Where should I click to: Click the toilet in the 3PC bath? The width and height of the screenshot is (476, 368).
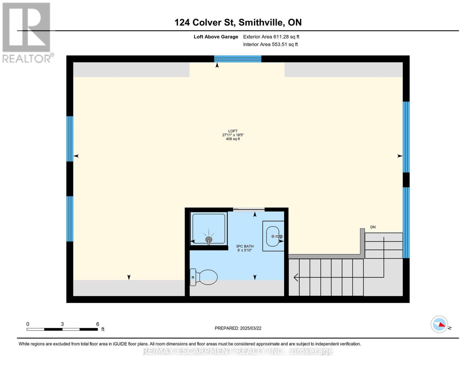205,277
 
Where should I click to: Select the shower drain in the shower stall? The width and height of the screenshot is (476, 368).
209,239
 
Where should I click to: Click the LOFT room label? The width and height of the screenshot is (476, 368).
233,131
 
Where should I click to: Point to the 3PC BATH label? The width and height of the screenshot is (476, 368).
245,246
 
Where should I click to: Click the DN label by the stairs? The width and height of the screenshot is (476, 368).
373,227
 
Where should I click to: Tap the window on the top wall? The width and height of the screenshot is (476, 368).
238,59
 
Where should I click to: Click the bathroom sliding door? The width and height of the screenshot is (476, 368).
249,209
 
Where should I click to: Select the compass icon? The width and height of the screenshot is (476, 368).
439,324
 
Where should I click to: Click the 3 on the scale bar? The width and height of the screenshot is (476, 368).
62,324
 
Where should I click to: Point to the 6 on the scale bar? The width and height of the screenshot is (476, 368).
98,324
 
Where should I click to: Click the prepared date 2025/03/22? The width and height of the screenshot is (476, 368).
251,328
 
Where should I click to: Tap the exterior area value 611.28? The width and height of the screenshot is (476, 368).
281,37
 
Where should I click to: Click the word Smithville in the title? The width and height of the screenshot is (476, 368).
261,22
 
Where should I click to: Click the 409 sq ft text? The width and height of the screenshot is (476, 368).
233,139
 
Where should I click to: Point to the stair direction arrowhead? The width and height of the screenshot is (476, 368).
296,278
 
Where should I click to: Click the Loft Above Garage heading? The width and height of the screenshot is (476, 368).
216,37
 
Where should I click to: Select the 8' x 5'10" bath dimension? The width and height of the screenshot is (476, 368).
245,250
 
